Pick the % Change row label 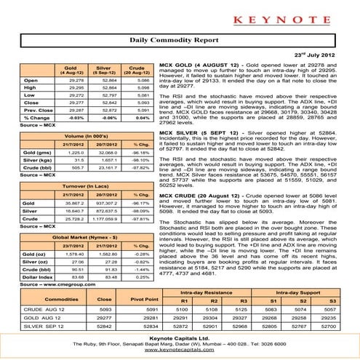point(28,117)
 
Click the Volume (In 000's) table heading point(85,136)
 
